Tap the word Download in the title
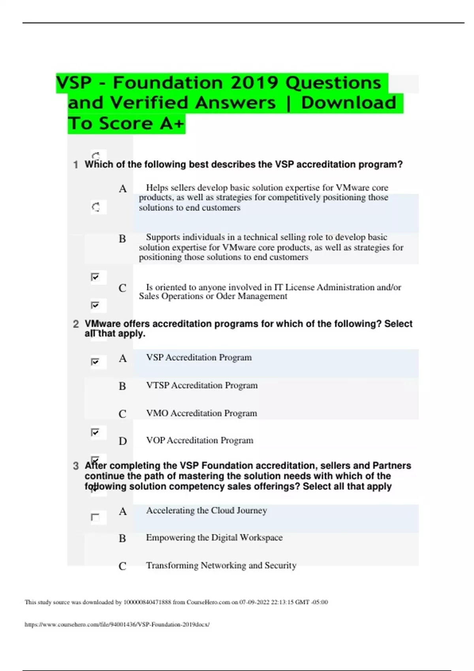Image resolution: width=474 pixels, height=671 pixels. [348, 103]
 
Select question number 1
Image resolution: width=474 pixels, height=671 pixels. [75, 165]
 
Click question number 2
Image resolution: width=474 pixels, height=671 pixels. [76, 324]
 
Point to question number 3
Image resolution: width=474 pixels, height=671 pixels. [76, 466]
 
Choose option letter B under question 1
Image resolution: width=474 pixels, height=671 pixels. [122, 239]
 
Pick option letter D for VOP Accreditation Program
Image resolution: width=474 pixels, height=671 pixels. [123, 441]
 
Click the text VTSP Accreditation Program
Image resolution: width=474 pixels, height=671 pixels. [201, 385]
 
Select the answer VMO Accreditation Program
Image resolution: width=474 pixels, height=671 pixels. [201, 413]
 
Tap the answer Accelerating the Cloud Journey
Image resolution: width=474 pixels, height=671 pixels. [206, 510]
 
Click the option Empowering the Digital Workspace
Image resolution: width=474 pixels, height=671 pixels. [214, 538]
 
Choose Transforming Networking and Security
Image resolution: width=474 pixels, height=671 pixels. [221, 566]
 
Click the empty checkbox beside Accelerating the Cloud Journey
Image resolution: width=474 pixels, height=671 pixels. [95, 517]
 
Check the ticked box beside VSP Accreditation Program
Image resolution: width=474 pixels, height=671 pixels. [95, 362]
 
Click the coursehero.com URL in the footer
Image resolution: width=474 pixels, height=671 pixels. [117, 624]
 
